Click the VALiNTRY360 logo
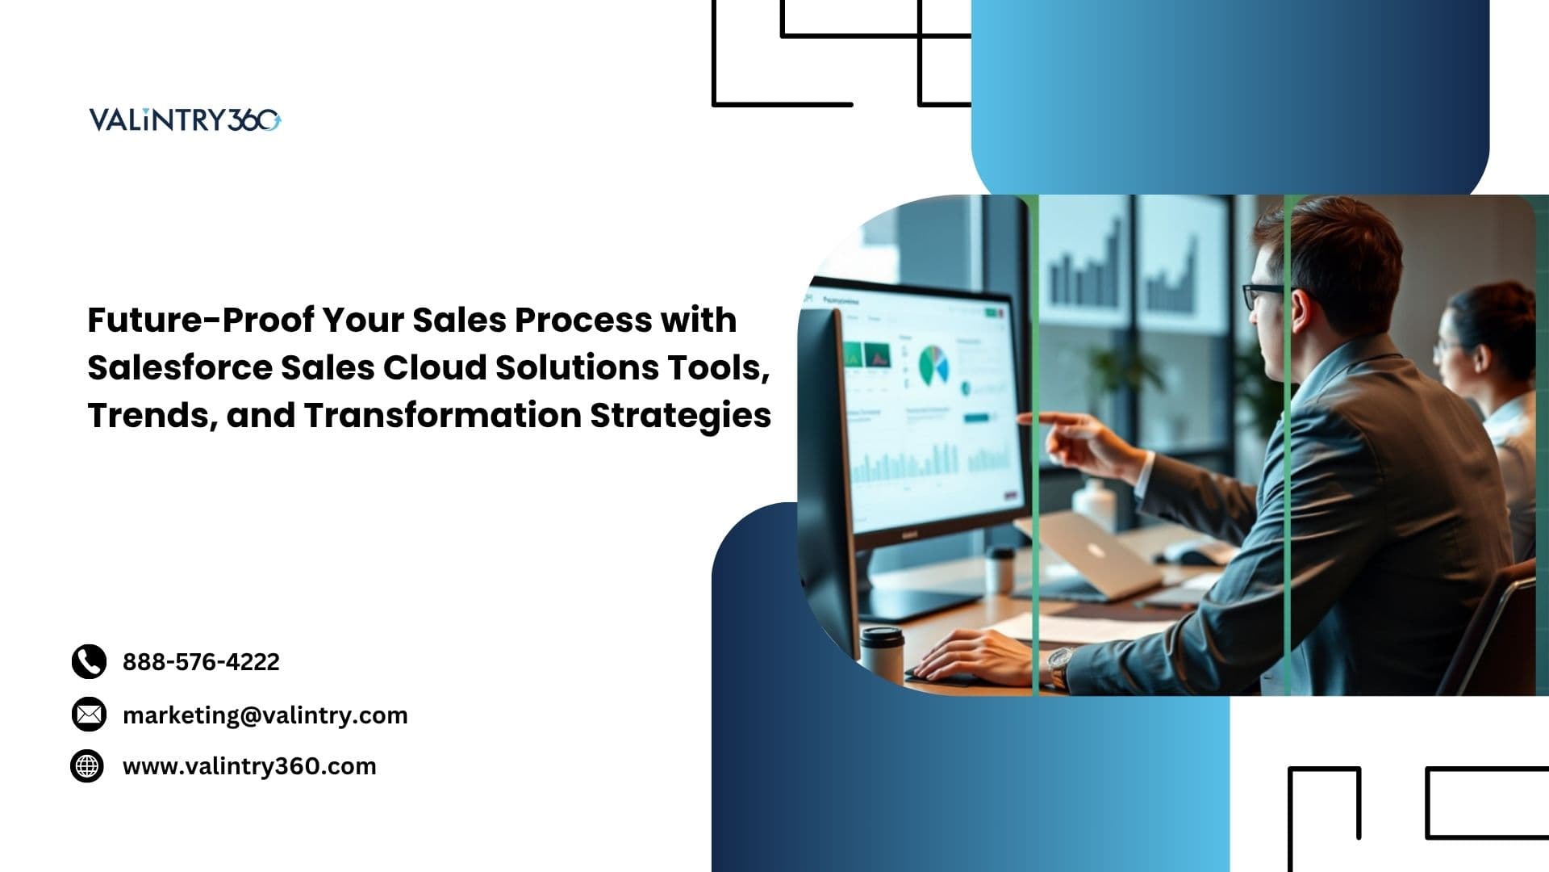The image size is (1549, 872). point(185,119)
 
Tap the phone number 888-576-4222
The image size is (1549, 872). point(201,662)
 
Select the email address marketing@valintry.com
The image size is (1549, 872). point(265,715)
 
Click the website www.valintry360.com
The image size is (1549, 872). point(249,766)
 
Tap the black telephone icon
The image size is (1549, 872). point(89,661)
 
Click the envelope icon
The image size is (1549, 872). point(89,715)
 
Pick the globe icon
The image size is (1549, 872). point(87,765)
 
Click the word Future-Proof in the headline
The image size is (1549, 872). point(201,320)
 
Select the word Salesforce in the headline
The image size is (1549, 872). point(178,367)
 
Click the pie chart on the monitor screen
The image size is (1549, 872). point(933,366)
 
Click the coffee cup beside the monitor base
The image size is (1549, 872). point(881,655)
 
